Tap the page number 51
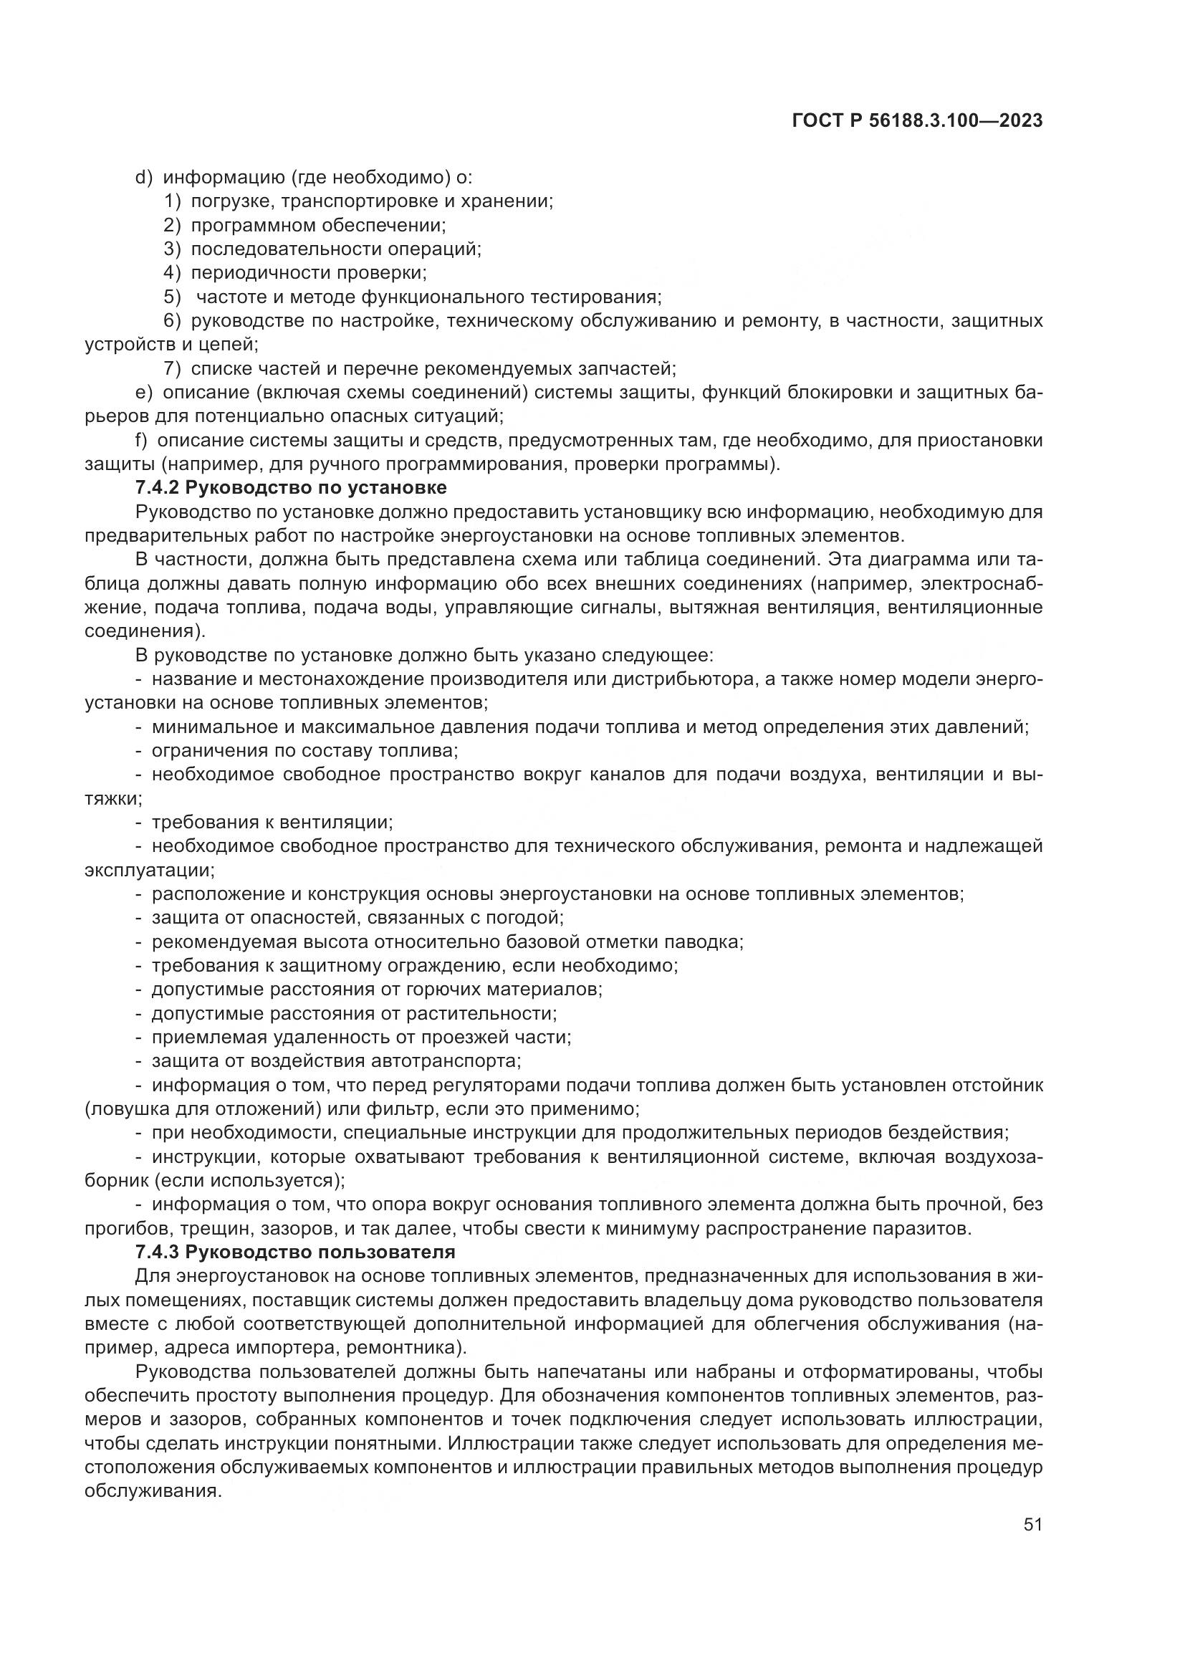1032,1524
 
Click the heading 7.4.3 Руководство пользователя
294,1252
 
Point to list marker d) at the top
144,178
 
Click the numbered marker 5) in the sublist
171,297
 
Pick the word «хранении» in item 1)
514,201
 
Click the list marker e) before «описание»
144,393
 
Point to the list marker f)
142,440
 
